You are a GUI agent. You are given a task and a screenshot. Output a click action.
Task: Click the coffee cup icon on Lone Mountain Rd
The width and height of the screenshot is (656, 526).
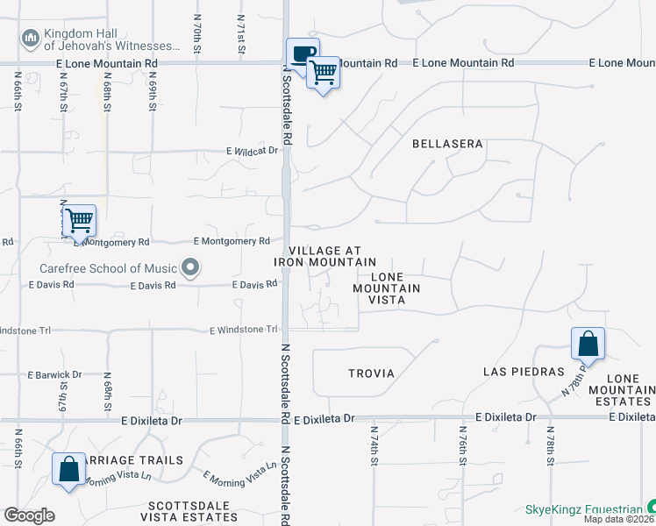tap(303, 54)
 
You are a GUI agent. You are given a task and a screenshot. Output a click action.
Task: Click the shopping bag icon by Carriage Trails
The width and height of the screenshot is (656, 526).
tap(68, 468)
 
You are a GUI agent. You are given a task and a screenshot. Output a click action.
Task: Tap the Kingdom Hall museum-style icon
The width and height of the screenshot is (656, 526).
tap(31, 38)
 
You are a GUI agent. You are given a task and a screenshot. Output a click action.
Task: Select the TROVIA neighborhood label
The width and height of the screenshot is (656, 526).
tap(371, 373)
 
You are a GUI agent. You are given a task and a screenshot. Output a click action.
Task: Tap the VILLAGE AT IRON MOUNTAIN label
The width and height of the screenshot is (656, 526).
tap(325, 256)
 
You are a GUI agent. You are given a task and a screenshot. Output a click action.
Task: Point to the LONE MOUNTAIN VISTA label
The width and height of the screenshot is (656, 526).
tap(386, 288)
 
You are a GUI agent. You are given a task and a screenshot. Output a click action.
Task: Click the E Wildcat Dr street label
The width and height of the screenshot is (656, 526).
tap(252, 151)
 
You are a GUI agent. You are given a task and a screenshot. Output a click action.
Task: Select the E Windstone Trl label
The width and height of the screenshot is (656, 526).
tap(244, 330)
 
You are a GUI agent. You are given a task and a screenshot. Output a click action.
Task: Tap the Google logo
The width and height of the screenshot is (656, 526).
tap(29, 515)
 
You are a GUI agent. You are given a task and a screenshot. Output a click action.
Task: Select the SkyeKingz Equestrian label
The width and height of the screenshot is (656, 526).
tap(583, 508)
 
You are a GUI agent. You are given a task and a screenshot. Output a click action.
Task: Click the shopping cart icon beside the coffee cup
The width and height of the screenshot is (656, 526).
tap(324, 73)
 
